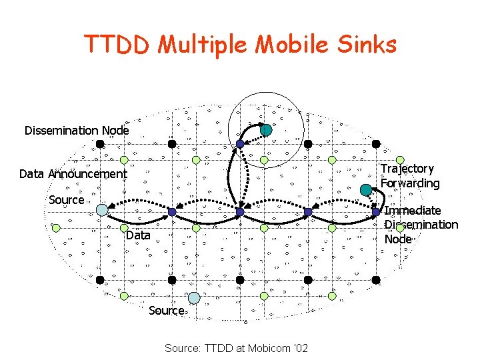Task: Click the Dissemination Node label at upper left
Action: (77, 131)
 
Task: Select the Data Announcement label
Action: (73, 174)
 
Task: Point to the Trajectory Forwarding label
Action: (410, 176)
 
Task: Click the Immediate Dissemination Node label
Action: (421, 225)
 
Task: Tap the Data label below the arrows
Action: (138, 235)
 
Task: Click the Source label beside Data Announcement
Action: (67, 200)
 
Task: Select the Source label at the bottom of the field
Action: (166, 311)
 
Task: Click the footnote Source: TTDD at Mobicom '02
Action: (236, 348)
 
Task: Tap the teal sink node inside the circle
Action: (265, 130)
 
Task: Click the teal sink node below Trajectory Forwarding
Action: (365, 189)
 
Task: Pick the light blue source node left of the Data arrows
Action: (101, 210)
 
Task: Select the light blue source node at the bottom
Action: (193, 297)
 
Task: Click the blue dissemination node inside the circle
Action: (240, 143)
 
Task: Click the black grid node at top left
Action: (99, 143)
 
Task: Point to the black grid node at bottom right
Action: (376, 279)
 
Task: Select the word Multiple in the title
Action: (201, 45)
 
